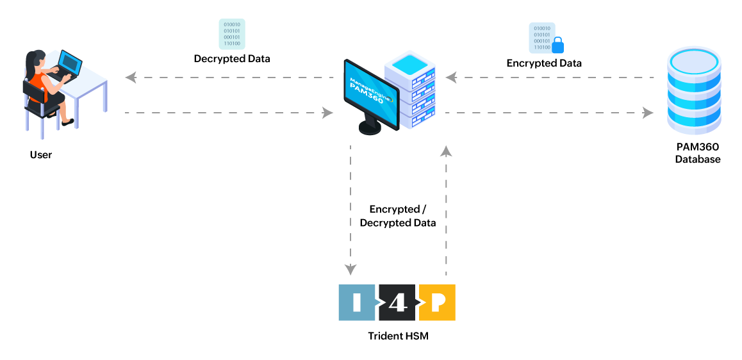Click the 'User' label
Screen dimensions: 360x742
(x=41, y=155)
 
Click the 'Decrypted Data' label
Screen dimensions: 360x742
(x=232, y=58)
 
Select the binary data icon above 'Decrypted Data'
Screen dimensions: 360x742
(x=232, y=33)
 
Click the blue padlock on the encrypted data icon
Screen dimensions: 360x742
(x=557, y=45)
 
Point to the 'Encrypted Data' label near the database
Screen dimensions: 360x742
(x=544, y=63)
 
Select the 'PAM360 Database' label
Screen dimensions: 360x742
(x=697, y=153)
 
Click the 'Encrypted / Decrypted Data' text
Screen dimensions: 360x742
(x=398, y=216)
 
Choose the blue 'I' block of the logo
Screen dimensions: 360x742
(x=356, y=302)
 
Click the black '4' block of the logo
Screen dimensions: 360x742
(x=398, y=302)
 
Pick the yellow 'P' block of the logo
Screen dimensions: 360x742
(x=438, y=302)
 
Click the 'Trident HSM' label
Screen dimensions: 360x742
(x=398, y=336)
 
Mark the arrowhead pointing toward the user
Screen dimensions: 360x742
(x=131, y=78)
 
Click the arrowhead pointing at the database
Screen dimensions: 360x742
(x=648, y=113)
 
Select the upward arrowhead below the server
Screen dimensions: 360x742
(x=447, y=151)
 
